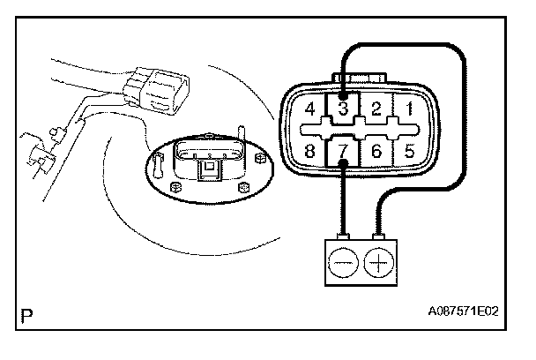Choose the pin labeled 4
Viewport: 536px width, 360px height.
pos(310,110)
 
